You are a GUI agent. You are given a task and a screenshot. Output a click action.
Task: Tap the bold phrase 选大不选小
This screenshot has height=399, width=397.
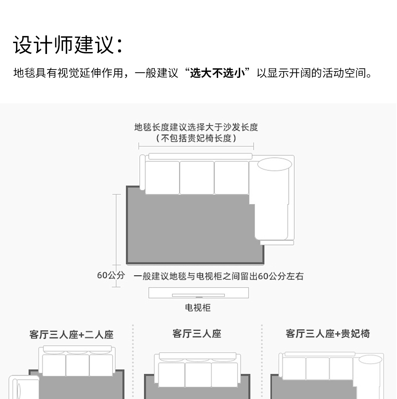(217, 73)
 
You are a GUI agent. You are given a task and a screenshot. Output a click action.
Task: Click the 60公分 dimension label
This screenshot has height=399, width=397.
(111, 275)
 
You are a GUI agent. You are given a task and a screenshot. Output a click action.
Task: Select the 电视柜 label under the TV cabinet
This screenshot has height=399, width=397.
(198, 308)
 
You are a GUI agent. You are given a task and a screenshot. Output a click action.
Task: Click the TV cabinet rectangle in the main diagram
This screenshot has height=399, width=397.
(198, 293)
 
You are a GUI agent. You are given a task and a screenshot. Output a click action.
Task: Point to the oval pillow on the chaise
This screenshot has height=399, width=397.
(275, 165)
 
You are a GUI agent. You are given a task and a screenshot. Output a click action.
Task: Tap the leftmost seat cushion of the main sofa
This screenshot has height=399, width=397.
(162, 177)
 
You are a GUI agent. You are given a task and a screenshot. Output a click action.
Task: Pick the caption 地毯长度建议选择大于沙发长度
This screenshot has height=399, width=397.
(196, 127)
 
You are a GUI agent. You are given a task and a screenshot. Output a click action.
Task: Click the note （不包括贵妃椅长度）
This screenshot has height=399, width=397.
(196, 138)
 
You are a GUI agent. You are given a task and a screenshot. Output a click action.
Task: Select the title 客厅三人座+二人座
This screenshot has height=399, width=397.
(71, 335)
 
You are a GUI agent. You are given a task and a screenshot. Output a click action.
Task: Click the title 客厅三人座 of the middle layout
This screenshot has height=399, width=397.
(197, 334)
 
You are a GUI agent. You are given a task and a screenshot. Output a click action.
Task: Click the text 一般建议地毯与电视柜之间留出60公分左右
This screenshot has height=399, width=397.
(219, 276)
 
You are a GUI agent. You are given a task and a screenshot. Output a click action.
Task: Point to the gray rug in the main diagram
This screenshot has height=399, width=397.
(192, 230)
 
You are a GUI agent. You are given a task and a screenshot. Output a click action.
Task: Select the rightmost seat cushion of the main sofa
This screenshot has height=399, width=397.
(231, 177)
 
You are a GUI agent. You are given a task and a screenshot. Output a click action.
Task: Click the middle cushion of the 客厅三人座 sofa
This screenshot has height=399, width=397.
(198, 375)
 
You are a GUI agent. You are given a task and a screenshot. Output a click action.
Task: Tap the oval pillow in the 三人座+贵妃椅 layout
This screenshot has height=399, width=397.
(370, 360)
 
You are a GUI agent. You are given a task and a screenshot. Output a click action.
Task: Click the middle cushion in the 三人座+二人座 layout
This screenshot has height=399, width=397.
(77, 365)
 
